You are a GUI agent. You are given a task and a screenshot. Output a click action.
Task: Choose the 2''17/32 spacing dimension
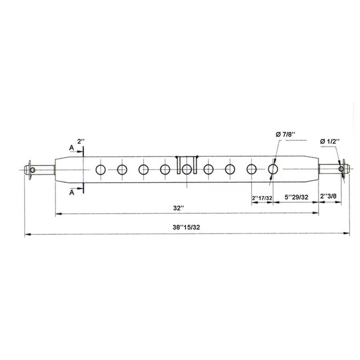[262, 197]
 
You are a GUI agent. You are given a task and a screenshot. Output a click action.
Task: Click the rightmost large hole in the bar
[274, 168]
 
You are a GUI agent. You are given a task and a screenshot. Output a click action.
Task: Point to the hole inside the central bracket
[187, 169]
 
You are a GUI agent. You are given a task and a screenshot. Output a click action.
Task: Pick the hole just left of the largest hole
[252, 169]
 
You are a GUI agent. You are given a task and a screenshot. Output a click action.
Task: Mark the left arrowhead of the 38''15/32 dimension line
[28, 234]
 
